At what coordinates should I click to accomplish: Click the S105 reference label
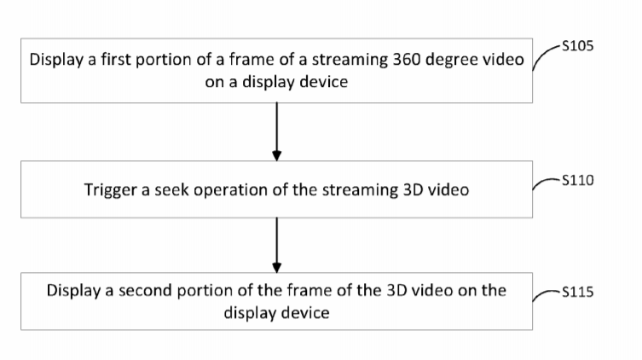click(x=577, y=46)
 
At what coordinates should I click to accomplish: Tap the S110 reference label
click(x=577, y=180)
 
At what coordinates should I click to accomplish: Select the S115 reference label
click(x=577, y=292)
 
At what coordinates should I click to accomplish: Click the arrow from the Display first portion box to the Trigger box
click(x=277, y=131)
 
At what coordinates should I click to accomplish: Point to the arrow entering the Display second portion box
click(x=277, y=245)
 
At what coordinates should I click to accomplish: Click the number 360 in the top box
click(x=406, y=60)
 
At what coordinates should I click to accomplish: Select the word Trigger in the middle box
click(x=110, y=190)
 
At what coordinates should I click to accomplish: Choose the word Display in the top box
click(x=56, y=61)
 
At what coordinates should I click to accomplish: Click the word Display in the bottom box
click(x=73, y=291)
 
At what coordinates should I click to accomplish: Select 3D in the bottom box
click(x=396, y=291)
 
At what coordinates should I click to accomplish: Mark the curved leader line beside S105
click(x=545, y=55)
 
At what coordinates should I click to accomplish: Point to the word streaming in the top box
click(x=350, y=61)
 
